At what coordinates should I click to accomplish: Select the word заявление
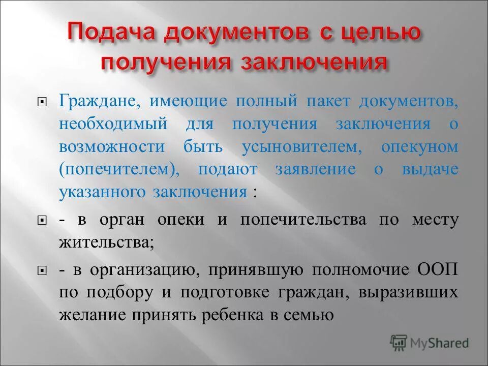[x=315, y=170]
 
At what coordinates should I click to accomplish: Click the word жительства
[x=106, y=242]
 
